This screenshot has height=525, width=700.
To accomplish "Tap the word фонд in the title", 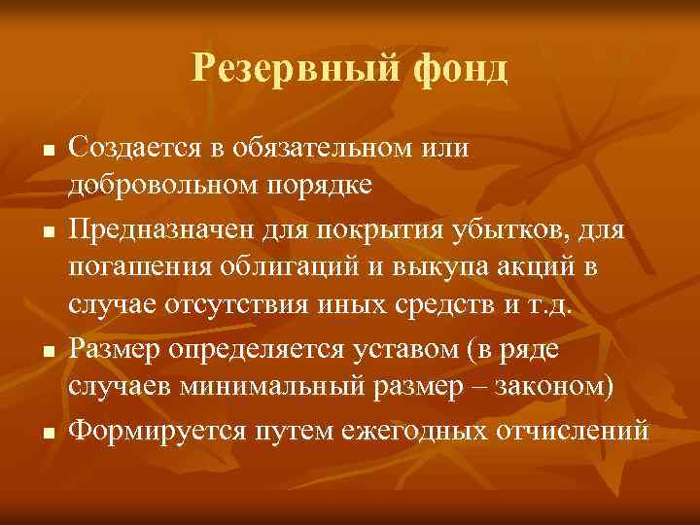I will pos(462,68).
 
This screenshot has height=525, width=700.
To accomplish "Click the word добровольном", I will pos(169,183).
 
